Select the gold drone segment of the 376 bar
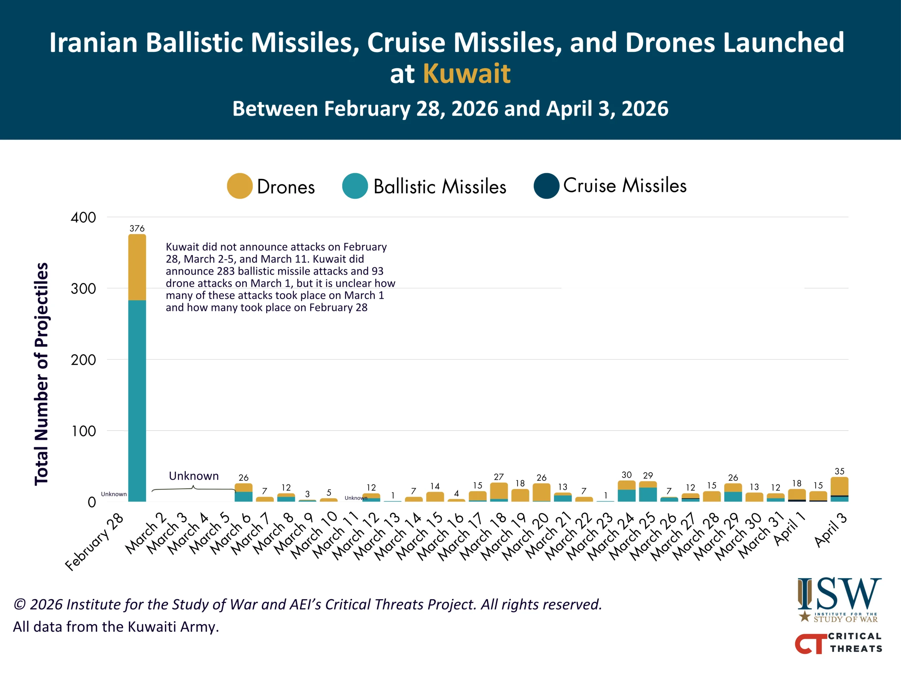137,267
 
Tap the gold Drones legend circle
240,186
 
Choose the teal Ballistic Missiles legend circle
355,186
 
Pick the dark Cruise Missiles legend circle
546,186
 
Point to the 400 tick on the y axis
83,217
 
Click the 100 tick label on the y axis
83,431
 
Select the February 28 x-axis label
94,542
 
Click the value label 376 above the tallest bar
137,229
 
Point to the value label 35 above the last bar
839,471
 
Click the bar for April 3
839,489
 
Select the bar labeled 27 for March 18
499,492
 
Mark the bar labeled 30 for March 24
626,491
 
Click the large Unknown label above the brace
194,476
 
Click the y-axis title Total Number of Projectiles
42,374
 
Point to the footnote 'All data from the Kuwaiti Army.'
116,627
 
